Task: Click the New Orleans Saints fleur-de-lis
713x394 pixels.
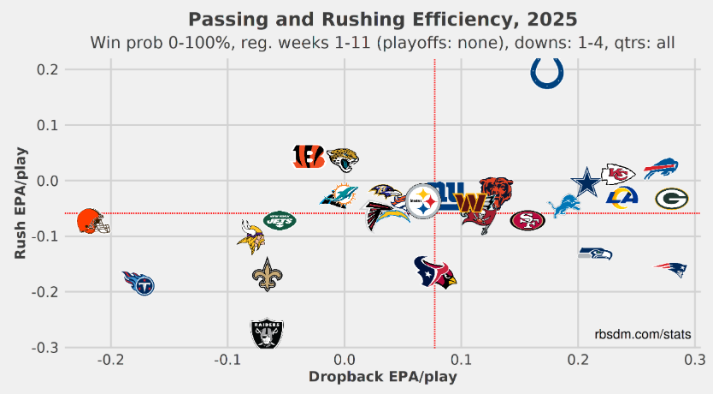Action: click(268, 274)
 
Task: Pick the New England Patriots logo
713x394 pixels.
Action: click(671, 270)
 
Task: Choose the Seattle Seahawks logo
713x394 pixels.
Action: click(595, 253)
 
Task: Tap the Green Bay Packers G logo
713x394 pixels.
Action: click(672, 200)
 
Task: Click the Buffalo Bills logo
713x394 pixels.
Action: click(661, 169)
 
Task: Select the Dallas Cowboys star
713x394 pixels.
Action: click(586, 182)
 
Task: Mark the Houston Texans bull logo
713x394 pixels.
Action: click(435, 272)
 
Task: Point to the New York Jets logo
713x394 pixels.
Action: click(279, 219)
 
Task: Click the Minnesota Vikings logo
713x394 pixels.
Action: click(250, 236)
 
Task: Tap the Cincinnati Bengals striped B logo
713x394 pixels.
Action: click(308, 156)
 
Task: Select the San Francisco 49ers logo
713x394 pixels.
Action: click(527, 220)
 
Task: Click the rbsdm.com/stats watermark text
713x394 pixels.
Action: click(643, 334)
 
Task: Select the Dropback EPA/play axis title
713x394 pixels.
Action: click(382, 377)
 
